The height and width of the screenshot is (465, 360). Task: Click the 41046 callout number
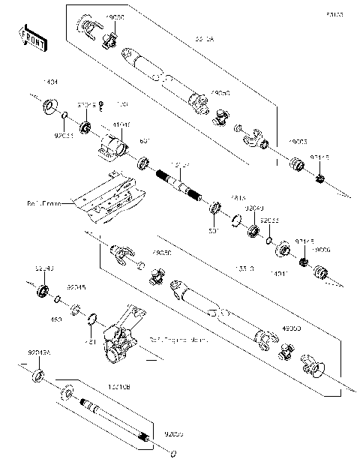click(121, 124)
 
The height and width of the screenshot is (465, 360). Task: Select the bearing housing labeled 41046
click(112, 143)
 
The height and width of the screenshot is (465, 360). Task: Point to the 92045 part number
click(76, 286)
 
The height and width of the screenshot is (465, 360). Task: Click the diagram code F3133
click(335, 14)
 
